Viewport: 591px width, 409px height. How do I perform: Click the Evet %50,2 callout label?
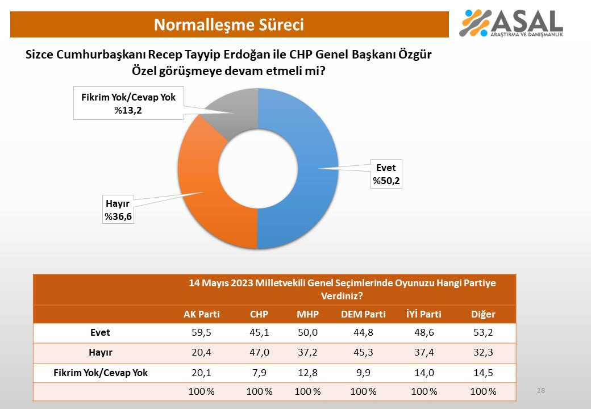[386, 174]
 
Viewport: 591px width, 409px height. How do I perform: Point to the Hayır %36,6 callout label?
[118, 210]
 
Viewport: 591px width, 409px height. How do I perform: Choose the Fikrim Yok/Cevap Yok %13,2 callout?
[128, 103]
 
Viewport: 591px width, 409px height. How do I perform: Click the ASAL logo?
[511, 23]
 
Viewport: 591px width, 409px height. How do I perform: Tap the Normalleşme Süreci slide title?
[229, 25]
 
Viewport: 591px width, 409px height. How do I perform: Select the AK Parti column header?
[201, 314]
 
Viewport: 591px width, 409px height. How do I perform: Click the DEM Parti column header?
[363, 314]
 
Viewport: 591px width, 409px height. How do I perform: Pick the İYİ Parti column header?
[424, 314]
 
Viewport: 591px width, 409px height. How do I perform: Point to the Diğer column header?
[483, 314]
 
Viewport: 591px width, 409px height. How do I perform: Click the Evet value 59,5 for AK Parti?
[201, 332]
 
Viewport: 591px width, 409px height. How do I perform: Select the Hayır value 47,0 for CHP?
[259, 353]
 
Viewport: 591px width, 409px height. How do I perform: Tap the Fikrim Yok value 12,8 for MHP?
[307, 373]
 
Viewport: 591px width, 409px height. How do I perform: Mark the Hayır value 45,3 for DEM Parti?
[363, 353]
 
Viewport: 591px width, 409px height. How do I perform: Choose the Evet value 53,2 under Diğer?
[483, 332]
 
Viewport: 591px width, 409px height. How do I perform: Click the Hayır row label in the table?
[101, 353]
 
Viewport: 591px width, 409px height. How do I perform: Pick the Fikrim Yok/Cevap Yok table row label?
[101, 373]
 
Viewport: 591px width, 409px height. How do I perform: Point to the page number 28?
[541, 390]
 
